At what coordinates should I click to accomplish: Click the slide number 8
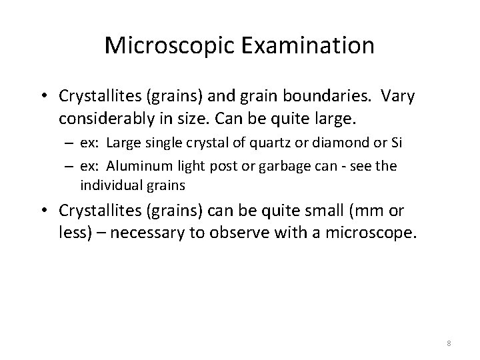pyautogui.click(x=449, y=343)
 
